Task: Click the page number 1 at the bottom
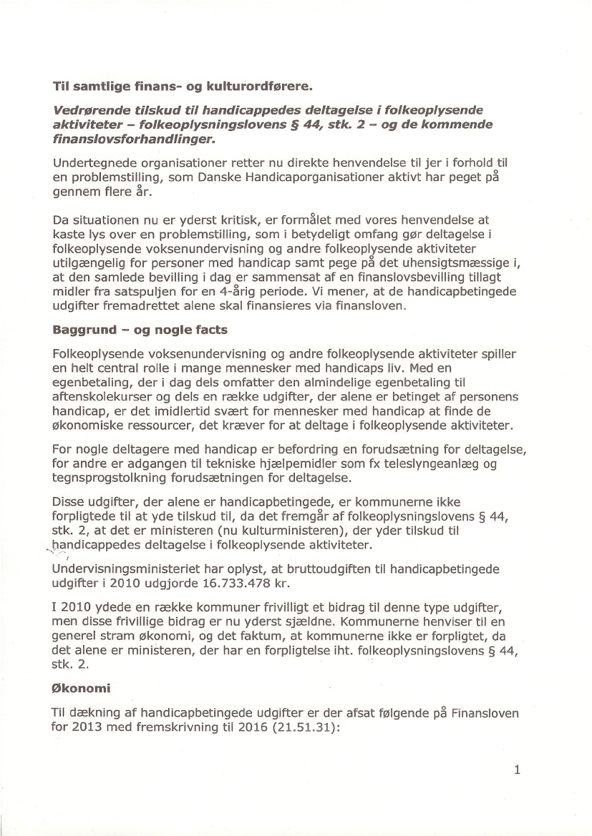tap(517, 769)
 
